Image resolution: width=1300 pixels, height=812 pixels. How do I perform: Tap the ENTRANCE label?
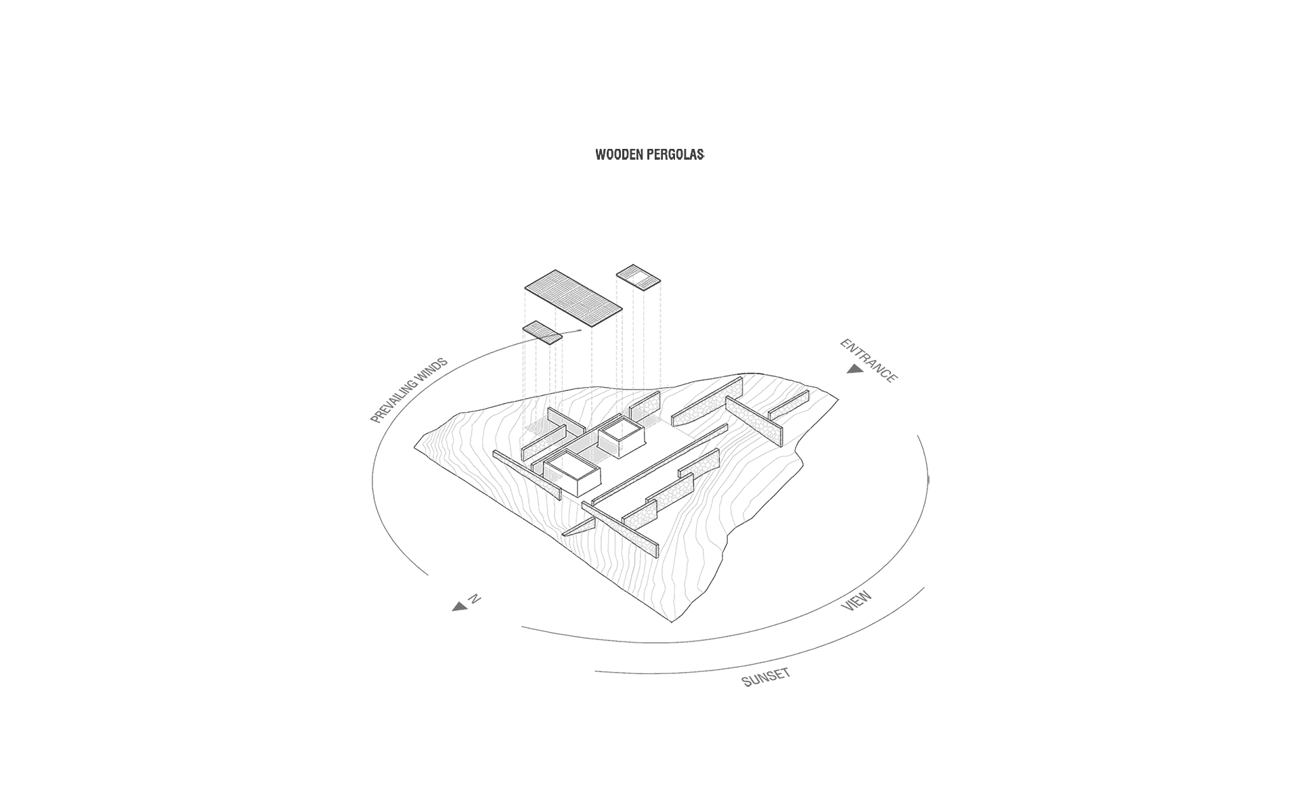[x=869, y=360]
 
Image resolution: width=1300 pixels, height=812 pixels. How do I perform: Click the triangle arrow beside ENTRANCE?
[x=854, y=369]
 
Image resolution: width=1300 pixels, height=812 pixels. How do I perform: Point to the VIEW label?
[x=856, y=601]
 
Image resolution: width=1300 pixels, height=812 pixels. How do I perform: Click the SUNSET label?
[x=766, y=677]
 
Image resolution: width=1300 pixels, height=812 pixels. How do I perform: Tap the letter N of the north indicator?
[x=475, y=599]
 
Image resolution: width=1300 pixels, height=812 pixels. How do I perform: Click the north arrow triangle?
[x=460, y=607]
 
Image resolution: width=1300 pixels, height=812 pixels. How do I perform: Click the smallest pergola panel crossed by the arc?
[x=542, y=332]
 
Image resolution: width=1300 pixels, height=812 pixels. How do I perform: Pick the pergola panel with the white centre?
[x=638, y=277]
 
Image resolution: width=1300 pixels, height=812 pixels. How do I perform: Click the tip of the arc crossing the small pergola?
[x=581, y=330]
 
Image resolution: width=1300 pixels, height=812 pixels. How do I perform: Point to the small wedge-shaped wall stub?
[x=579, y=528]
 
